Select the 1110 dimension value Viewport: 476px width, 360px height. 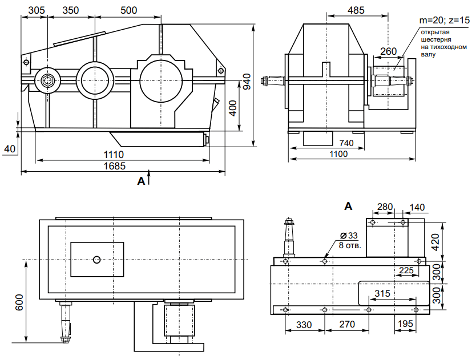click(114, 154)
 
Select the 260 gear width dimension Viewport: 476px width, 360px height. click(388, 51)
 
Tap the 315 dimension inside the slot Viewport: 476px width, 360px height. click(383, 293)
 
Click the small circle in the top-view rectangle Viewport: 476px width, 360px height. click(97, 260)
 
